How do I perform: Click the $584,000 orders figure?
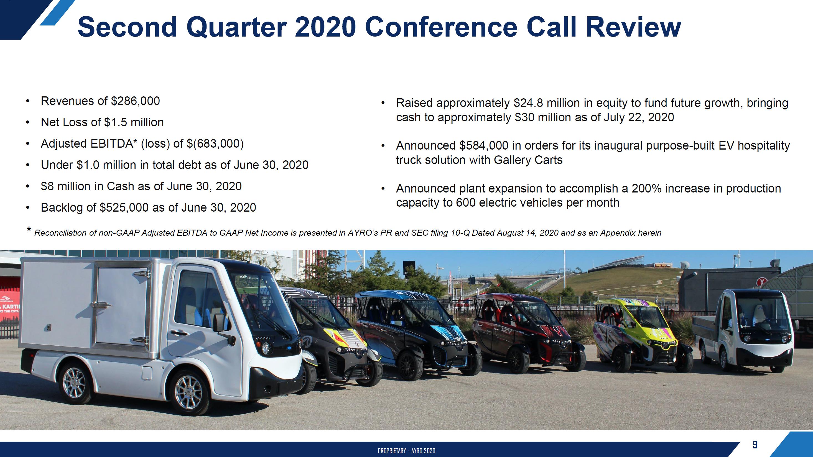click(484, 146)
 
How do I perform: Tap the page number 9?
click(754, 445)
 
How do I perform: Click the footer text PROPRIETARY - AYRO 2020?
click(406, 451)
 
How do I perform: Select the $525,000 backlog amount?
click(124, 208)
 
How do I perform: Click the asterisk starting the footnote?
click(29, 230)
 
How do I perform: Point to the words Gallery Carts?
click(528, 160)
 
